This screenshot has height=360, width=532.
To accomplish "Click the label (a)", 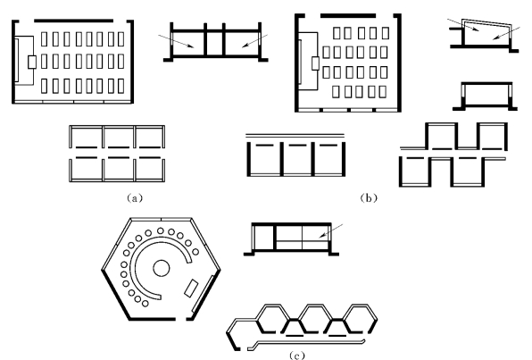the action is (135, 198).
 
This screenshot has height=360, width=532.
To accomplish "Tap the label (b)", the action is (369, 198).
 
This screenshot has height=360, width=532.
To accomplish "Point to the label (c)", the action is (297, 356).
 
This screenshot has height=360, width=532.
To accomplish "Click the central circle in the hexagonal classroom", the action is (162, 268).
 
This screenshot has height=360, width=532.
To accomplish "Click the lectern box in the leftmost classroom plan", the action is (32, 63).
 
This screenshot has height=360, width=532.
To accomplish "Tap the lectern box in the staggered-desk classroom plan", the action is (315, 63).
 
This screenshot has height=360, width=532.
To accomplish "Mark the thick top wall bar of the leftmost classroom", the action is (73, 21).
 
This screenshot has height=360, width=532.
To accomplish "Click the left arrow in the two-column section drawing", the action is (176, 41).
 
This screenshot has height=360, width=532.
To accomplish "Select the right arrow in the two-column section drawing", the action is (254, 41).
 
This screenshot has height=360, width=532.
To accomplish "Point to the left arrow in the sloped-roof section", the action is (463, 25).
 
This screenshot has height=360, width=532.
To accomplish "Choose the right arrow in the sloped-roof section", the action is (506, 33).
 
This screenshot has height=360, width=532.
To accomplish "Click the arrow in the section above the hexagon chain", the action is (331, 230).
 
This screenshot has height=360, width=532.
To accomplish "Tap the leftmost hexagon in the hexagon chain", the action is (272, 319).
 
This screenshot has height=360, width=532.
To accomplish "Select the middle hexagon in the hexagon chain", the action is (315, 319).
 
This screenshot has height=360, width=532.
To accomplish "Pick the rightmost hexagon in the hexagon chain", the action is (360, 319).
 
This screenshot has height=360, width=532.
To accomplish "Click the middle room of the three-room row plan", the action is (297, 159).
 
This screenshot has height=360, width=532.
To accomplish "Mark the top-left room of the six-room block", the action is (87, 137).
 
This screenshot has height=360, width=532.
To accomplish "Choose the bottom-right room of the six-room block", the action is (150, 169).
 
